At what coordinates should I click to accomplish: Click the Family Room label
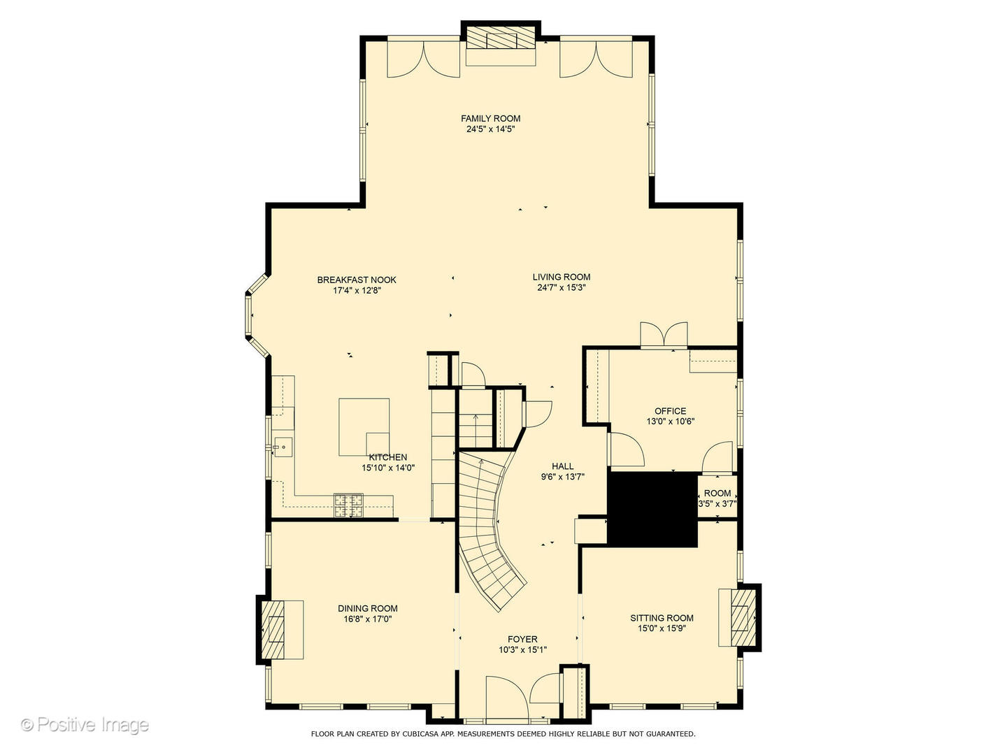tap(490, 118)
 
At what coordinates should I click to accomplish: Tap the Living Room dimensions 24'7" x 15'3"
tap(561, 287)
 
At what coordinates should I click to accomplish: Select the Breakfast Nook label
tap(357, 280)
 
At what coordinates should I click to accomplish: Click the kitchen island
tap(364, 427)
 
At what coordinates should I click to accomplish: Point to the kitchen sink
tap(283, 446)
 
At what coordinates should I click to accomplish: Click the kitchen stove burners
tap(348, 505)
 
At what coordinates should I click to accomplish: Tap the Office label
tap(670, 411)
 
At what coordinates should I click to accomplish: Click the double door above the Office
tap(663, 336)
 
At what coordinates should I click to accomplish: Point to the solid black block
tap(652, 509)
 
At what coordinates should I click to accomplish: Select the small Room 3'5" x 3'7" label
tap(717, 493)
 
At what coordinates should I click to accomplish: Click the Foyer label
tap(522, 639)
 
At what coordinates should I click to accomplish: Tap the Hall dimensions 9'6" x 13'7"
tap(562, 477)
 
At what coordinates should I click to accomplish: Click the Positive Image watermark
tap(85, 724)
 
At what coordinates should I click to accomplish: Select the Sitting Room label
tap(662, 617)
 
